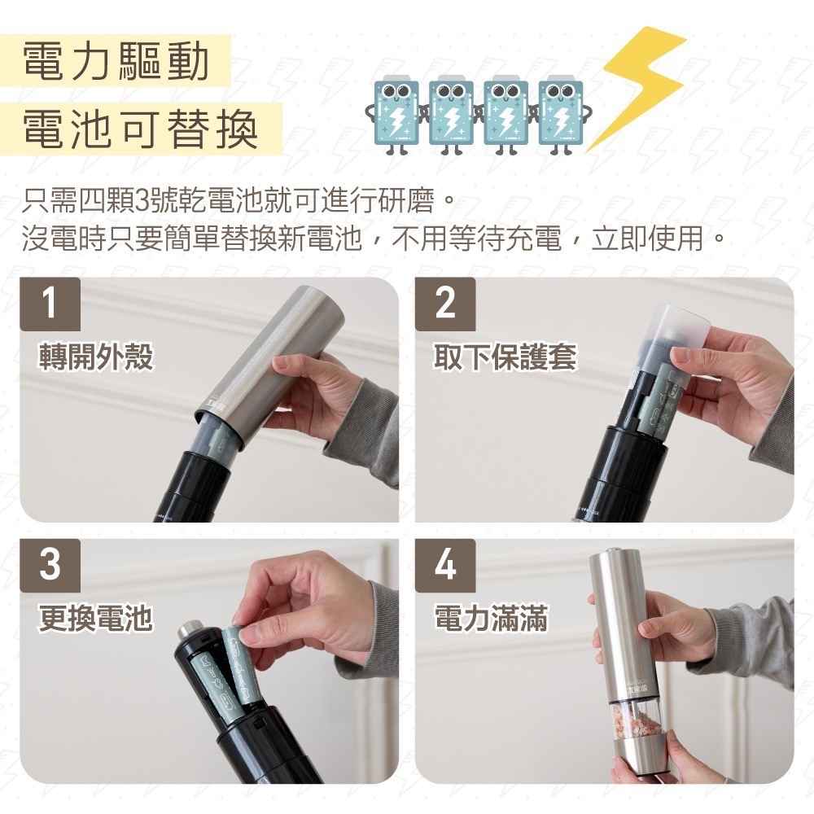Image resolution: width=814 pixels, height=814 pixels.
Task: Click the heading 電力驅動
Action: click(116, 62)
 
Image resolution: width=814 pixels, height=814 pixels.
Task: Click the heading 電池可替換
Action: click(140, 129)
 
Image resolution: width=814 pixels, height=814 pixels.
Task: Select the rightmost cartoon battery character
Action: click(562, 114)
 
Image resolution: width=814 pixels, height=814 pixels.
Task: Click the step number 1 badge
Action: click(50, 304)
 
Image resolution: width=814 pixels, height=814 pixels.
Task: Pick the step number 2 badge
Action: click(445, 304)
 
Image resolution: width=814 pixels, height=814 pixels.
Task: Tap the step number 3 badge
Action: click(50, 564)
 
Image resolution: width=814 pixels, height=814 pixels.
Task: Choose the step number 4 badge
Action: click(445, 564)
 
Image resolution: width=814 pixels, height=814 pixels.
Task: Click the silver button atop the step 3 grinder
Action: click(190, 630)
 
